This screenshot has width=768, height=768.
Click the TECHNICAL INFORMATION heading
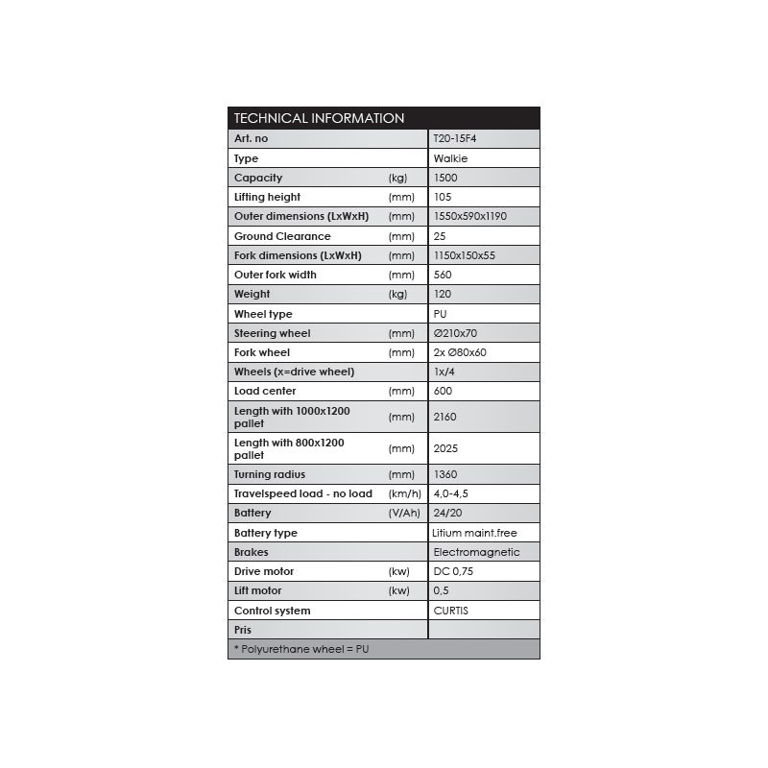(319, 118)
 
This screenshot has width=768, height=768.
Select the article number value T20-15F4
(455, 138)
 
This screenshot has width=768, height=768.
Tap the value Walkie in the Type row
(450, 158)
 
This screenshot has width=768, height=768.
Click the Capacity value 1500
(445, 178)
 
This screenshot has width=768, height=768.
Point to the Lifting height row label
(267, 197)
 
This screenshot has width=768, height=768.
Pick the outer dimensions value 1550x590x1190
(470, 216)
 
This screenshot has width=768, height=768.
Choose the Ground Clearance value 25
(440, 236)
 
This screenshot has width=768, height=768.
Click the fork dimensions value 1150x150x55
(465, 255)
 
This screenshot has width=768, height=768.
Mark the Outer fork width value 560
(443, 275)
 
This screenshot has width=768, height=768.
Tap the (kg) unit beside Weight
(397, 294)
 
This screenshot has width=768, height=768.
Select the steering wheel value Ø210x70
(455, 333)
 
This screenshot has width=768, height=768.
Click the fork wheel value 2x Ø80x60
(460, 352)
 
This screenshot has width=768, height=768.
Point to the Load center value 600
(443, 391)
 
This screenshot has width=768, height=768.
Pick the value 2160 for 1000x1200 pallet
(445, 417)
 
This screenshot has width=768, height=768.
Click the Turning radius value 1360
(445, 474)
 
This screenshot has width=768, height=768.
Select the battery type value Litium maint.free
(475, 533)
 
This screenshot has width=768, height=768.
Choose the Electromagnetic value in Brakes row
(476, 552)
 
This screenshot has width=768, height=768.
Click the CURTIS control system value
(450, 611)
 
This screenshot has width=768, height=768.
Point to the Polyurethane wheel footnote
(301, 649)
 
